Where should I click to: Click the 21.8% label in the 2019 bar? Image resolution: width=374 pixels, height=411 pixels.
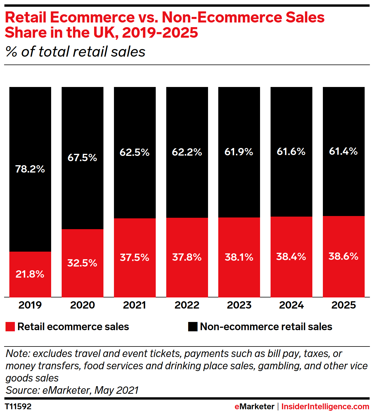(30, 274)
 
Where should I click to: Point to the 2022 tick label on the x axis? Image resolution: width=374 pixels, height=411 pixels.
(187, 305)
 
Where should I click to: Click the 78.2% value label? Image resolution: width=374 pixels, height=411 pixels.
(30, 169)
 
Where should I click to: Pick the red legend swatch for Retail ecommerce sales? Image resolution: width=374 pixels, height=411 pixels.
(10, 327)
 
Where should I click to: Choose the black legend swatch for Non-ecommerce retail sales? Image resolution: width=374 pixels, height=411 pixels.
(193, 327)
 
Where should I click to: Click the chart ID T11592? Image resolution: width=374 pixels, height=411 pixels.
(18, 406)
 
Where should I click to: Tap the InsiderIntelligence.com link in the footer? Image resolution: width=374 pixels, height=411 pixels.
(325, 406)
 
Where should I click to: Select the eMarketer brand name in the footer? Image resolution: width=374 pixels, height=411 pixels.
(254, 406)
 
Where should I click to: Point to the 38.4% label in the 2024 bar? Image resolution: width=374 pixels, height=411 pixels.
(291, 257)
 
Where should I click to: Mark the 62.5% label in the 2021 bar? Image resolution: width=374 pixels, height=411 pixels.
(134, 152)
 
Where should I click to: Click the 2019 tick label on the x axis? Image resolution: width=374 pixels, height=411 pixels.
(30, 305)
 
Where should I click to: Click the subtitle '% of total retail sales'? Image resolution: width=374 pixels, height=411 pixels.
(75, 52)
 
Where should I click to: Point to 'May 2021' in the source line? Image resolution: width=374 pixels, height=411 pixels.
(117, 390)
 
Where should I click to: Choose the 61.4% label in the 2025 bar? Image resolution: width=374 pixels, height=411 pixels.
(343, 151)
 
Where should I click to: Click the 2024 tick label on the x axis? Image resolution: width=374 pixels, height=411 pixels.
(291, 305)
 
